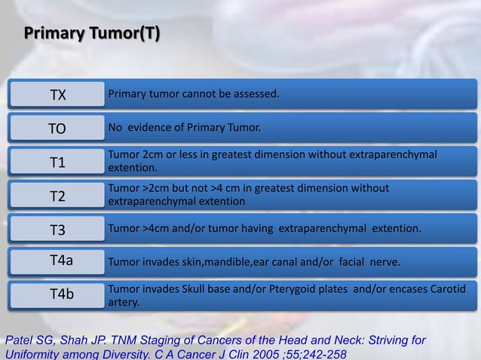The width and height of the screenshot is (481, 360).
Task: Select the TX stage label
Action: [x=58, y=95]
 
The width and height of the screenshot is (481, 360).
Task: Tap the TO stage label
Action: [x=57, y=129]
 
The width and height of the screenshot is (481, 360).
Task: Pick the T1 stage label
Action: [x=58, y=163]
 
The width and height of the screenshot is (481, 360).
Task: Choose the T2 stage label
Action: [x=58, y=197]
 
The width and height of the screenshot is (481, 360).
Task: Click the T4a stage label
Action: [x=61, y=261]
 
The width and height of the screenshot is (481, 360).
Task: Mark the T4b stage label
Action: [x=61, y=294]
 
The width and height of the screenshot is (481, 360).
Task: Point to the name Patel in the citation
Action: [x=20, y=340]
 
